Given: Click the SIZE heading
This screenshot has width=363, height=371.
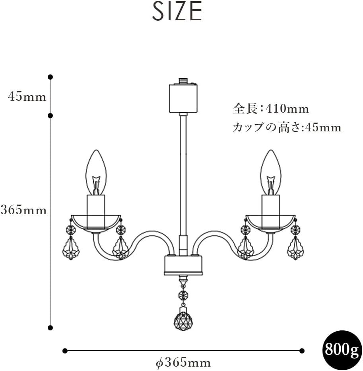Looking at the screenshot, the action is click(177, 12).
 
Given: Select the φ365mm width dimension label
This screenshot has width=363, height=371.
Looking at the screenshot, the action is click(183, 363).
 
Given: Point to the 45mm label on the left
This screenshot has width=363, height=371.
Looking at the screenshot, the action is click(27, 97).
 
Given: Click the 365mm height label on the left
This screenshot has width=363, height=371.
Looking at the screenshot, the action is click(23, 210).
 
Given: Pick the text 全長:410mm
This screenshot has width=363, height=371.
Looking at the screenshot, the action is click(271, 109).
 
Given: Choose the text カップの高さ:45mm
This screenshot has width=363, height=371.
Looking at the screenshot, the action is click(287, 127).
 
